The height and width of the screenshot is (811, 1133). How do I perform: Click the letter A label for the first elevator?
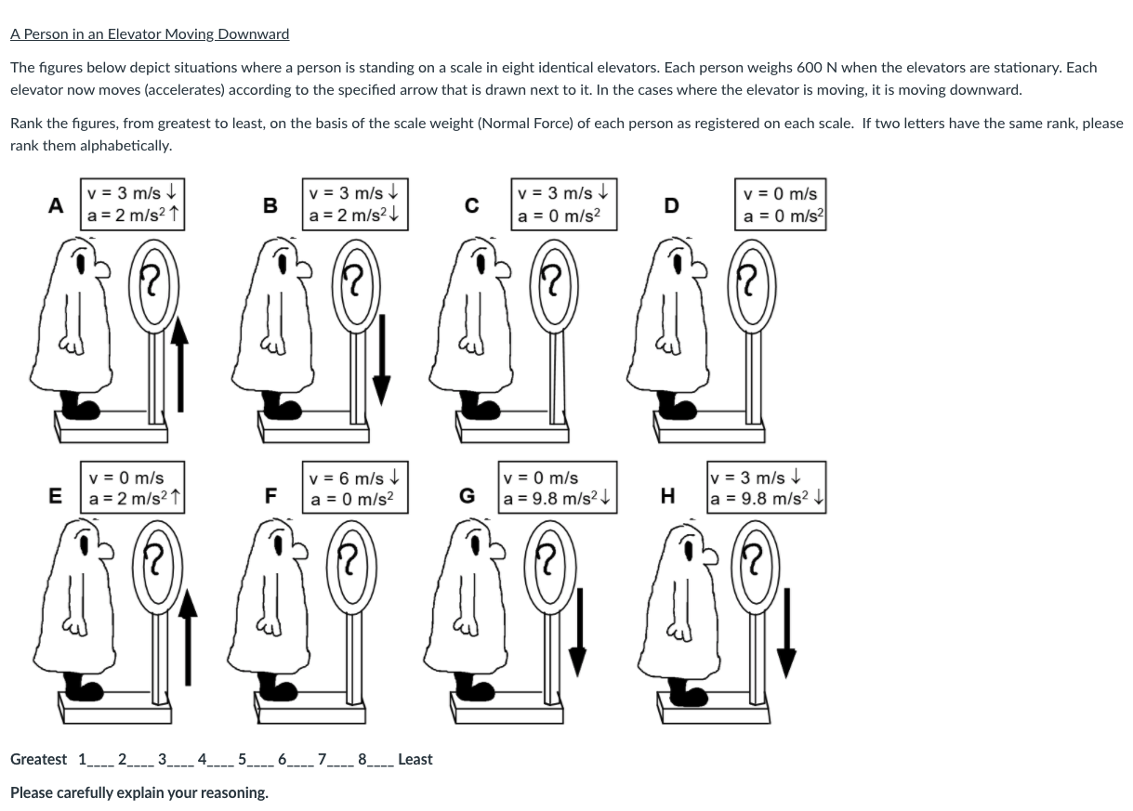click(57, 206)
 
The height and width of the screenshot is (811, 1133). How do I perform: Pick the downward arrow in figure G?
click(578, 631)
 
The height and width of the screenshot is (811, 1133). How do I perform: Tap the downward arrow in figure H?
click(786, 631)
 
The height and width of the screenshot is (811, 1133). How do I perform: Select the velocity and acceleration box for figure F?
click(355, 488)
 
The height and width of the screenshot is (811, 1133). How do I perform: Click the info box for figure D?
click(781, 206)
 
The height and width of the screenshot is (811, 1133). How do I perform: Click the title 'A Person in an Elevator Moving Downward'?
click(150, 34)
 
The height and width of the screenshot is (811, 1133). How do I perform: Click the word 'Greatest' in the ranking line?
click(38, 759)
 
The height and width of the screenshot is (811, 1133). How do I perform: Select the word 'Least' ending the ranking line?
click(415, 759)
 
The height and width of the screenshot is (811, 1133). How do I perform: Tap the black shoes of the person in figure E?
click(86, 686)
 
